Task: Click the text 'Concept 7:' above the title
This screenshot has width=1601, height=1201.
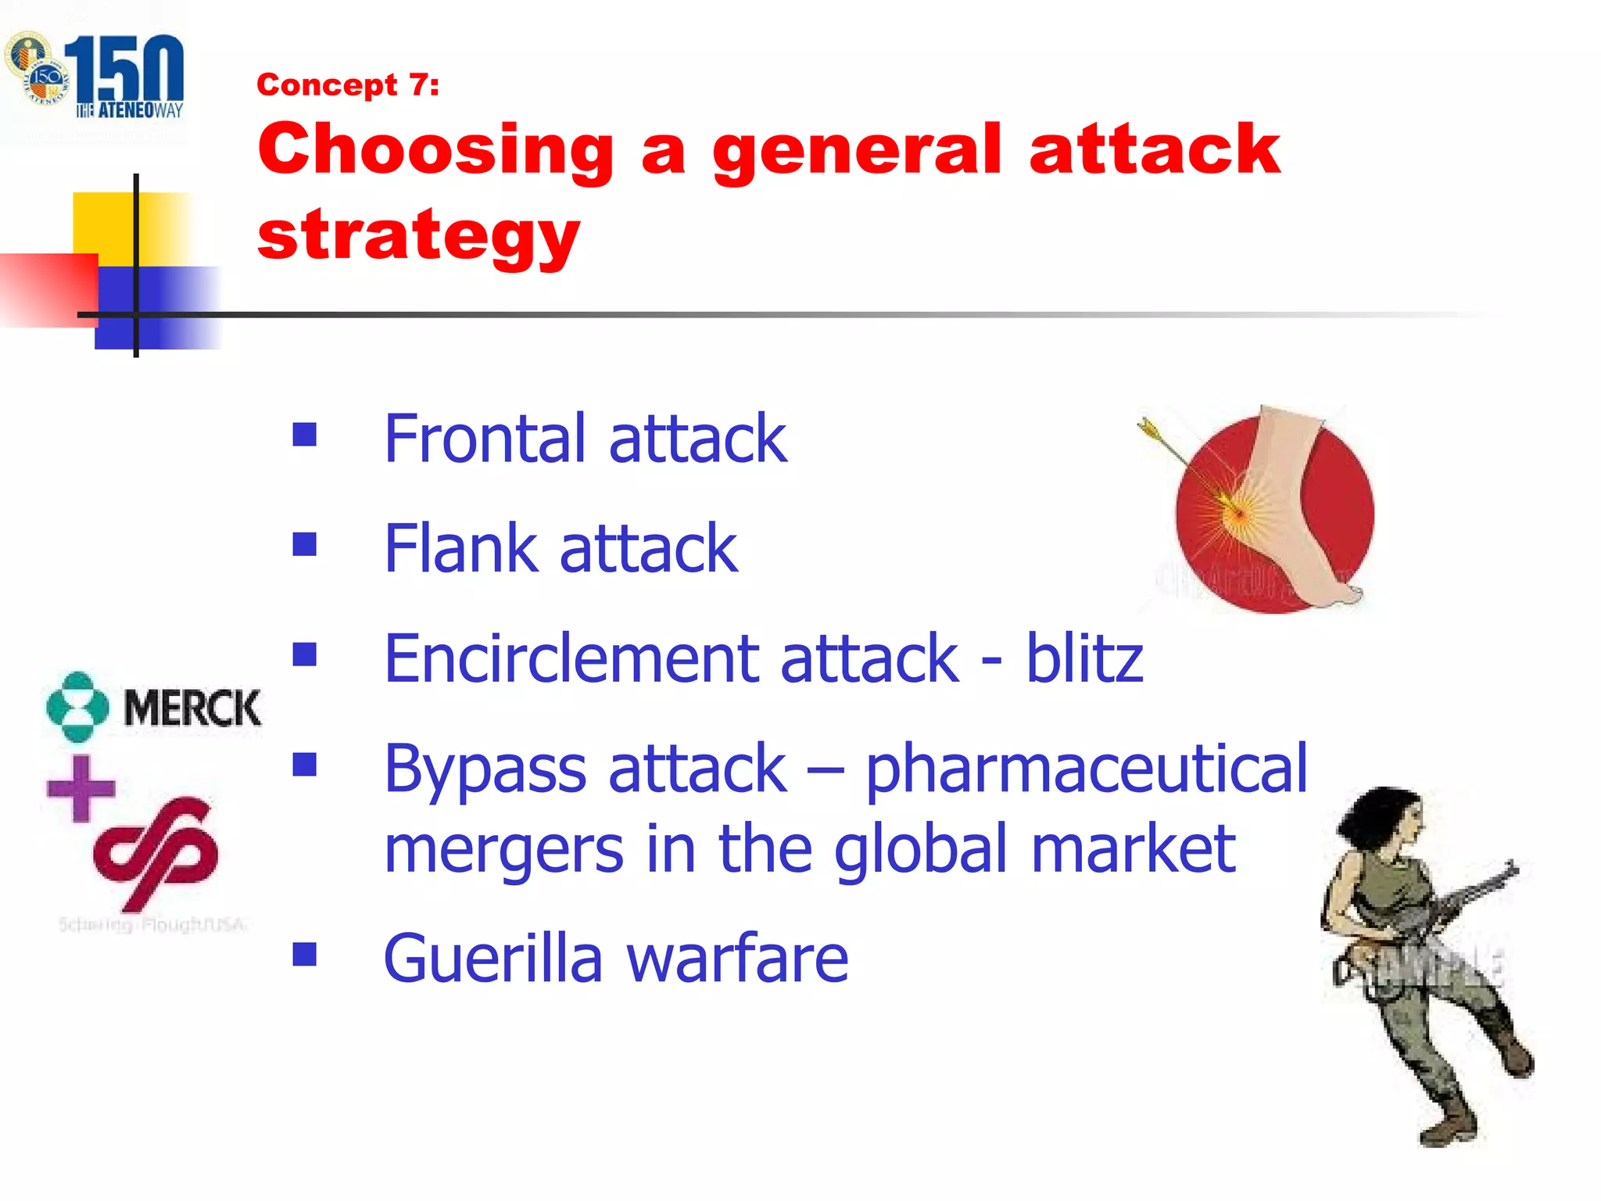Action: click(x=348, y=84)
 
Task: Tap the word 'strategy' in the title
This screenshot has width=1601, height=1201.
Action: click(x=418, y=235)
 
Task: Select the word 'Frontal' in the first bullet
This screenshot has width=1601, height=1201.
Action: click(x=485, y=439)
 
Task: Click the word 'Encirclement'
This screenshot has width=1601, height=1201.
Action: click(x=571, y=659)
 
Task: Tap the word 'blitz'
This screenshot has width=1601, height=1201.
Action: click(x=1084, y=659)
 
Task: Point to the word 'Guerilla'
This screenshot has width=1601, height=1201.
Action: click(x=492, y=959)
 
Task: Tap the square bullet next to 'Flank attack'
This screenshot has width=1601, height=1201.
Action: click(x=304, y=544)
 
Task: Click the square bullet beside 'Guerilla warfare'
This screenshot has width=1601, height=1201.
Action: click(x=304, y=954)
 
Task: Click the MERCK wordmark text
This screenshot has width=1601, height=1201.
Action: click(x=192, y=708)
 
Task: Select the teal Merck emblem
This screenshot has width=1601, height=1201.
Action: click(x=77, y=706)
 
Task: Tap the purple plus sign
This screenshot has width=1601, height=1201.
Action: click(x=81, y=788)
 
